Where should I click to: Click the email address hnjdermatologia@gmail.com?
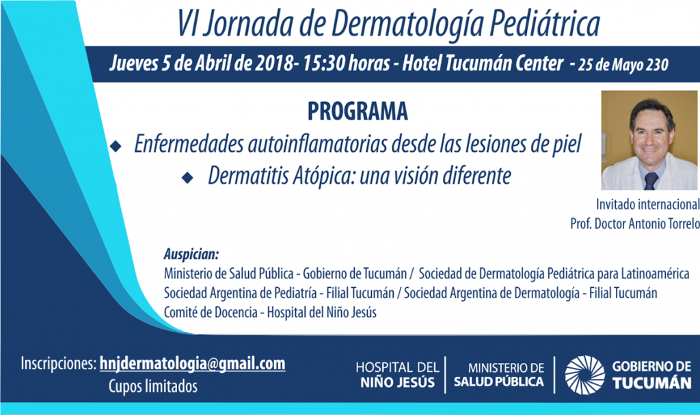[x=192, y=364]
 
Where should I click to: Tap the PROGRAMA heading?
[x=358, y=111]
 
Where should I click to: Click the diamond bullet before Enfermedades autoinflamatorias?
[x=116, y=146]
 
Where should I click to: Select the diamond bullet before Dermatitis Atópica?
[x=187, y=178]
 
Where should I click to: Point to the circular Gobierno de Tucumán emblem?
[x=584, y=375]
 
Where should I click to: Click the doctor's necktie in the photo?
[x=651, y=180]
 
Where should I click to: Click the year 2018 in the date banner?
[x=274, y=64]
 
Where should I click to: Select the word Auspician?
[x=191, y=254]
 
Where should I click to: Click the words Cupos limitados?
[x=152, y=386]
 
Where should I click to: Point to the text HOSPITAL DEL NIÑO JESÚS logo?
[x=397, y=375]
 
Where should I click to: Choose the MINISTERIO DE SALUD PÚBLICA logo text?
[x=498, y=375]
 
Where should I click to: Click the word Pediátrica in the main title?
[x=545, y=23]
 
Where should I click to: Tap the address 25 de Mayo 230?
[x=623, y=65]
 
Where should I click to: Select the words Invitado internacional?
[x=648, y=204]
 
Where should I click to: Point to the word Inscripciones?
[x=59, y=364]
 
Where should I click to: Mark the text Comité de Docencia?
[x=211, y=312]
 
